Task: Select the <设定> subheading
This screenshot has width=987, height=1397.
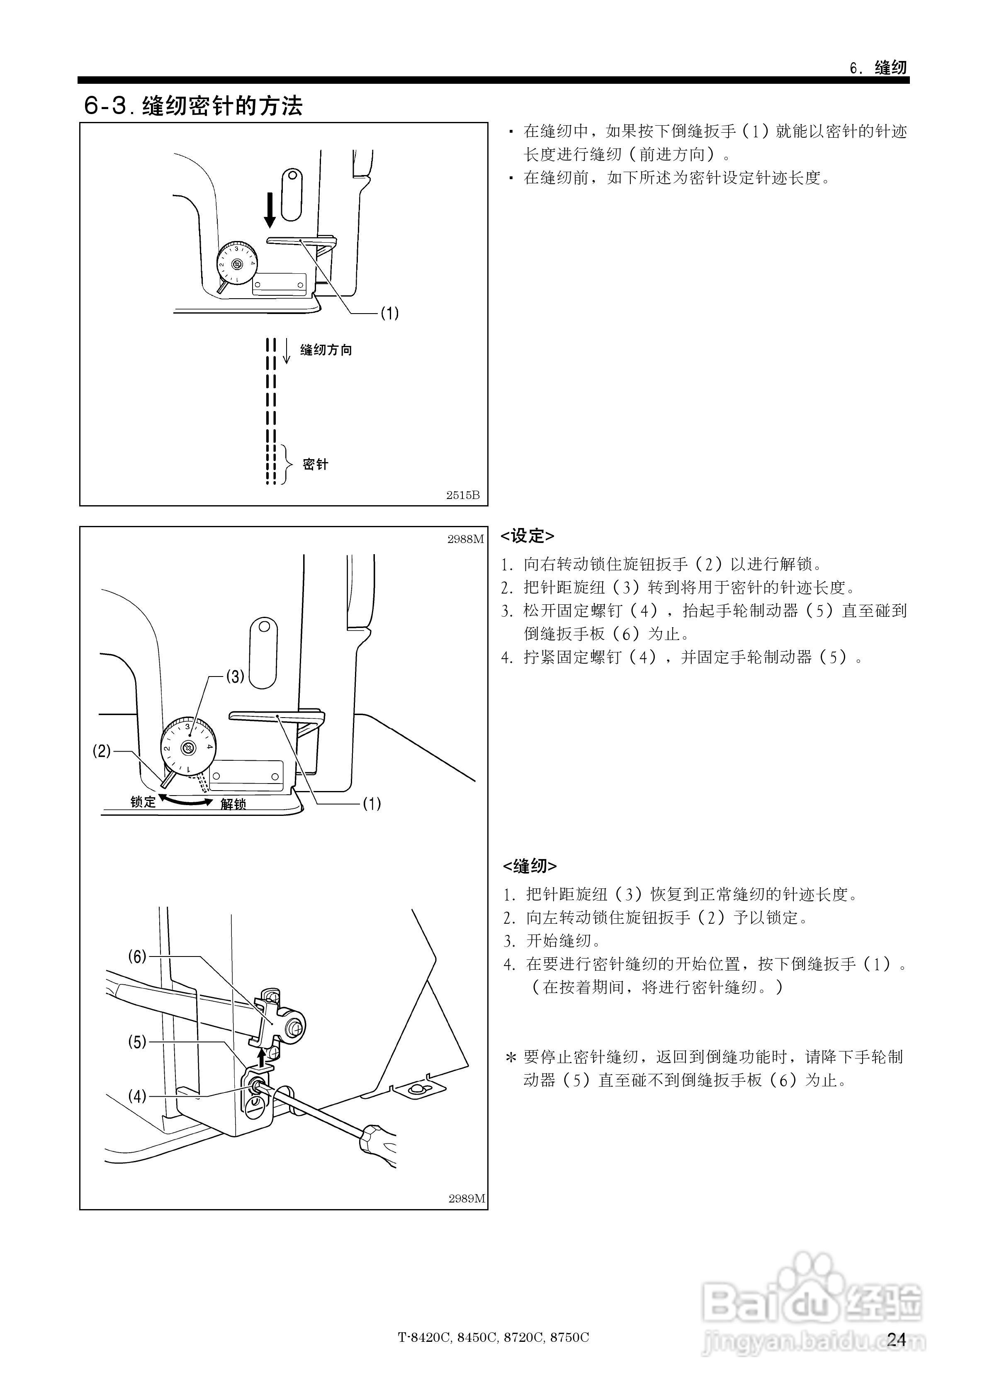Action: pyautogui.click(x=527, y=536)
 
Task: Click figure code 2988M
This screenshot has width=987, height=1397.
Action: pyautogui.click(x=466, y=539)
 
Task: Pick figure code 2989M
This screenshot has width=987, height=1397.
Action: pyautogui.click(x=467, y=1199)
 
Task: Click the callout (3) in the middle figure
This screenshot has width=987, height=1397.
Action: pyautogui.click(x=235, y=676)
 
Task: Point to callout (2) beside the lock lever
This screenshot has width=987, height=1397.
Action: pyautogui.click(x=102, y=751)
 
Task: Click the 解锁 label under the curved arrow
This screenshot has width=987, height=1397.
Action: pyautogui.click(x=233, y=804)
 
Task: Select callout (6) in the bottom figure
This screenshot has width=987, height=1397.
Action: pyautogui.click(x=137, y=956)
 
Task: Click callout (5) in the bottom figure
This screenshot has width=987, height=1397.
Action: pyautogui.click(x=137, y=1042)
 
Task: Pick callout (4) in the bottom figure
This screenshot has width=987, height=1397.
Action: pyautogui.click(x=137, y=1096)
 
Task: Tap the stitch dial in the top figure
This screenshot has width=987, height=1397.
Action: pyautogui.click(x=237, y=263)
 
